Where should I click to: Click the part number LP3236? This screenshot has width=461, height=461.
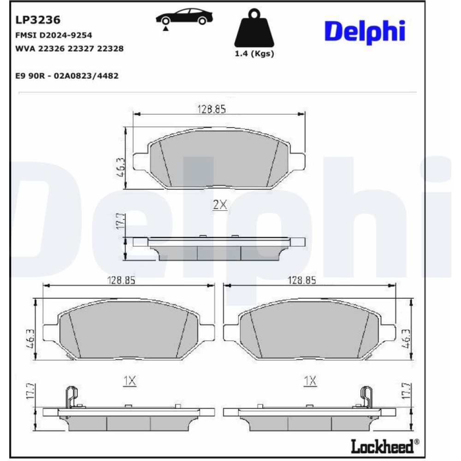tap(38, 20)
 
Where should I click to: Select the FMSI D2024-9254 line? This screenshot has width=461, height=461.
tap(53, 35)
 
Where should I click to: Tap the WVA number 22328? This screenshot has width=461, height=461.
tap(110, 48)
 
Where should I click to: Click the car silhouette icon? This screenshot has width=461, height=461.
tap(184, 17)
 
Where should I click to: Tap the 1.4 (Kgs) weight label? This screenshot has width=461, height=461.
tap(254, 54)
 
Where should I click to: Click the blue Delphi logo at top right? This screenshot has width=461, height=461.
tap(365, 32)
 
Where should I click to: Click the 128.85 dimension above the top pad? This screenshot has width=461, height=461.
tap(212, 109)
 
